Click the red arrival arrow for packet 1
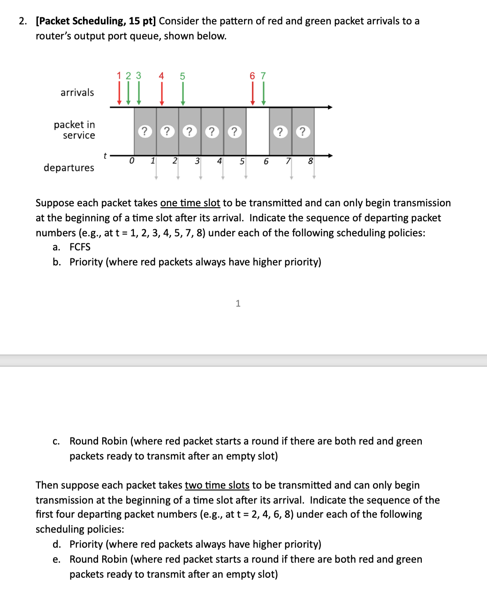click(119, 93)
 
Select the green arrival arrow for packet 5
click(183, 93)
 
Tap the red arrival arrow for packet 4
click(161, 93)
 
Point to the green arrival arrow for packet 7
click(263, 93)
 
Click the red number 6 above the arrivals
click(252, 76)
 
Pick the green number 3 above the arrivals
click(138, 75)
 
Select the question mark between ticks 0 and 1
click(145, 132)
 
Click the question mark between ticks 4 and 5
click(235, 132)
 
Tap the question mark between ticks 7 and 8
click(303, 132)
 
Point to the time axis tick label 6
click(266, 161)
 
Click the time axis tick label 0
click(131, 161)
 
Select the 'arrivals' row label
click(77, 92)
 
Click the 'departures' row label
click(68, 168)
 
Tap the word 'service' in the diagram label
click(79, 136)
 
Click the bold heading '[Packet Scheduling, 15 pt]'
click(96, 21)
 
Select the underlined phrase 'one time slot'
click(190, 203)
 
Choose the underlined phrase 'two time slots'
click(217, 485)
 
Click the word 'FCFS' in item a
click(80, 247)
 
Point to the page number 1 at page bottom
click(238, 303)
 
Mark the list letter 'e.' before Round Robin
click(56, 559)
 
